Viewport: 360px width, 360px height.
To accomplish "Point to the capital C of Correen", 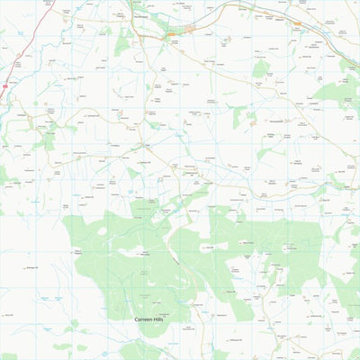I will (x=137, y=319).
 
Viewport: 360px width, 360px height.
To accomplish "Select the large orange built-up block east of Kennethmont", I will (x=190, y=30).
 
